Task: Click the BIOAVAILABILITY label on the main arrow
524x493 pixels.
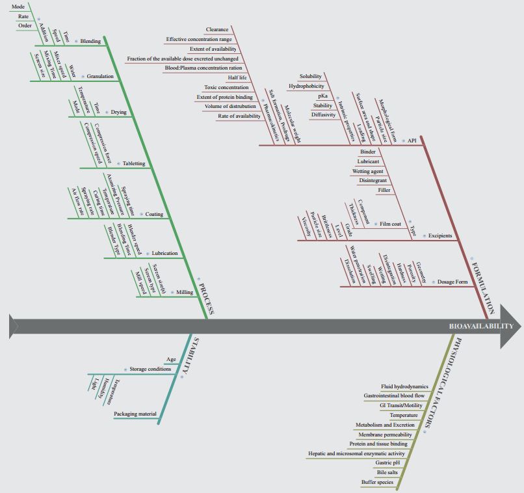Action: [481, 326]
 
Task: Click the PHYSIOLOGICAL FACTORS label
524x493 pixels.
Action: [439, 383]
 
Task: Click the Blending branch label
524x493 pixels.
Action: [90, 41]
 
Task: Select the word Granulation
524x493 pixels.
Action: [100, 76]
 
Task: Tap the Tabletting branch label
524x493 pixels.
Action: [134, 163]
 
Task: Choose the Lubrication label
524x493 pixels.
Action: [164, 253]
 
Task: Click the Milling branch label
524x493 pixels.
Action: [185, 292]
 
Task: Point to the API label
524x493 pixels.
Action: [412, 140]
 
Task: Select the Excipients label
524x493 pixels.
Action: [440, 235]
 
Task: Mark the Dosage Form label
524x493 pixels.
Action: [452, 282]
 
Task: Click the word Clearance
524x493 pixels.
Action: [217, 29]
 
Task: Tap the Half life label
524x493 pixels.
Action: [237, 77]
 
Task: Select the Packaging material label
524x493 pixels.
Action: [135, 414]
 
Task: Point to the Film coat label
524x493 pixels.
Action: [391, 224]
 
